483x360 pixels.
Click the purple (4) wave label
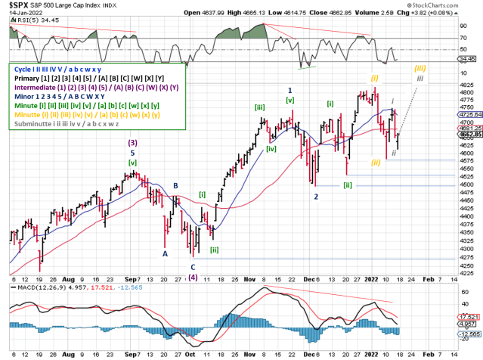(193, 277)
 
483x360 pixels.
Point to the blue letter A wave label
(164, 254)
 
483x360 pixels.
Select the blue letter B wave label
(175, 185)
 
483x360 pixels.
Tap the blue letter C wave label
(193, 267)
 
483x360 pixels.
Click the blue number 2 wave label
(316, 197)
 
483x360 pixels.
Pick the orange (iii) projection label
(420, 67)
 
